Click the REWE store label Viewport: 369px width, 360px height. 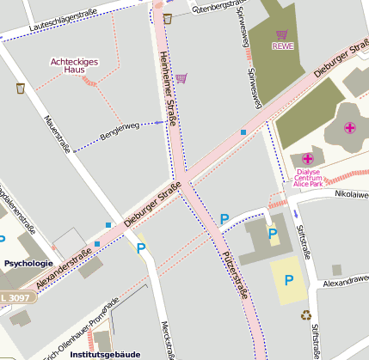(x=282, y=46)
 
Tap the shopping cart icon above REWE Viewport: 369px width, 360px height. (x=282, y=34)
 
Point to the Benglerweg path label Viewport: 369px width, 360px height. (x=120, y=131)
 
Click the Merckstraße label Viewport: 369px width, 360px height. (x=169, y=340)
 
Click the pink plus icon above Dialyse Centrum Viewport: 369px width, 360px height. (x=308, y=159)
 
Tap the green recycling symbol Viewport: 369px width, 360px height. (x=305, y=314)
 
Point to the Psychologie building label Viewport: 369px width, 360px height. (x=28, y=263)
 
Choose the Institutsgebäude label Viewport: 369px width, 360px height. (x=105, y=353)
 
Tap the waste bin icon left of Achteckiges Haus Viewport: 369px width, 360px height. (x=20, y=88)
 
